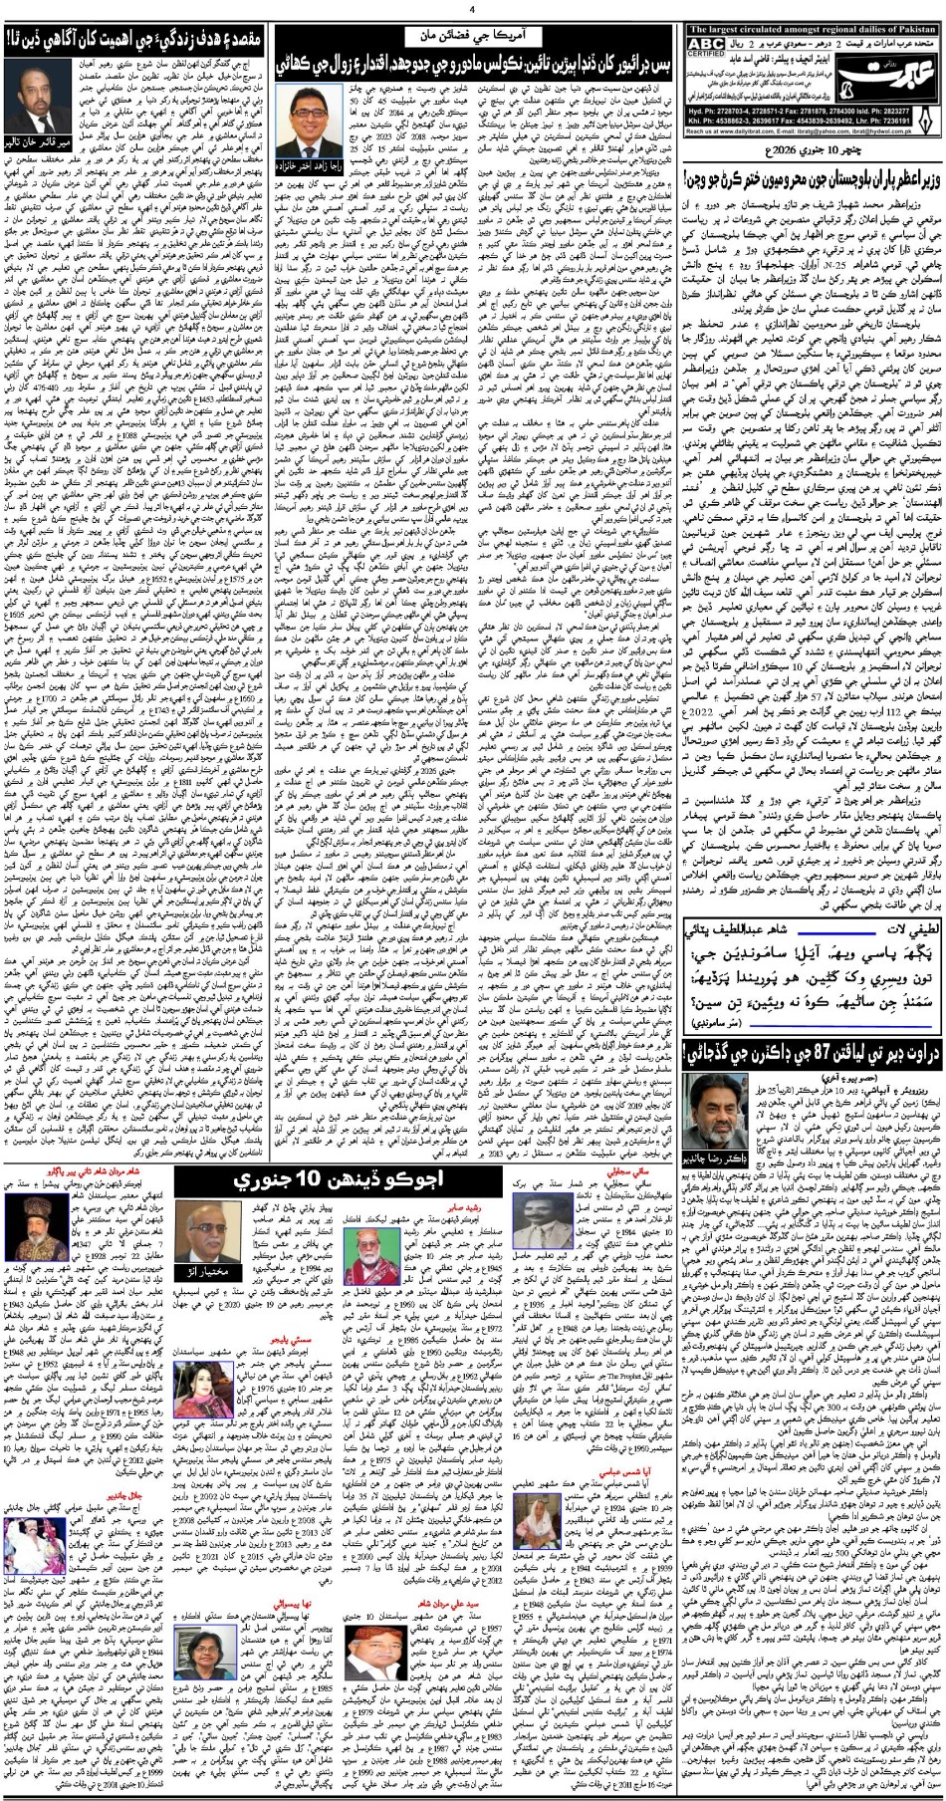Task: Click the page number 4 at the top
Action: coord(473,9)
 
